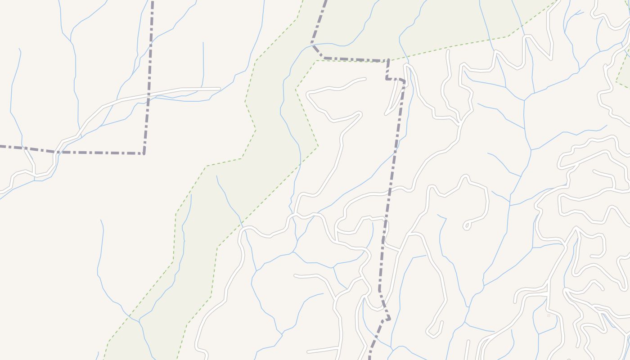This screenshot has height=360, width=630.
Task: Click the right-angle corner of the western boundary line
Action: click(x=144, y=153)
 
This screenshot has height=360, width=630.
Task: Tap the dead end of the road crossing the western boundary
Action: click(x=220, y=89)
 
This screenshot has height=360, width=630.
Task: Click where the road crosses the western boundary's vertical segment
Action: click(x=149, y=95)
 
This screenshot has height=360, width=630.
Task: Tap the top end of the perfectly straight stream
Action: click(x=203, y=43)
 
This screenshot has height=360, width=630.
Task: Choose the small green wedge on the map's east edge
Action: click(x=625, y=72)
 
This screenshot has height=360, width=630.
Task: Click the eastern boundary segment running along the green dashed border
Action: click(x=355, y=59)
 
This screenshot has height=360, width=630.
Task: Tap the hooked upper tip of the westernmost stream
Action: click(x=19, y=49)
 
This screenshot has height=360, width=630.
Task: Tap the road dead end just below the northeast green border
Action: click(x=448, y=51)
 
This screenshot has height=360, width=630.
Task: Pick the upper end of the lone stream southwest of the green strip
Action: click(x=101, y=220)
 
